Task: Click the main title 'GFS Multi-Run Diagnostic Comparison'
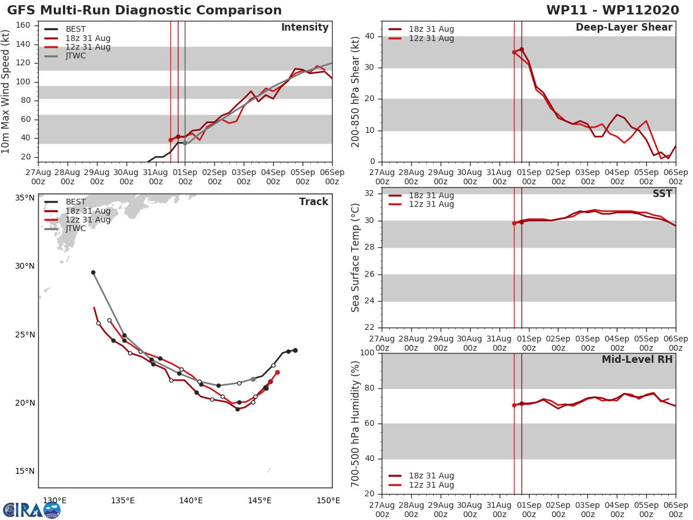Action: tap(144, 10)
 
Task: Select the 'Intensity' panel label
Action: tap(304, 28)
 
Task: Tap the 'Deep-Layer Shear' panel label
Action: tap(624, 28)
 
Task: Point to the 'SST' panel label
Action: tap(662, 194)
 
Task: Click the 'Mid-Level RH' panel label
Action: tap(637, 359)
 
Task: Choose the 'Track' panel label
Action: tap(314, 202)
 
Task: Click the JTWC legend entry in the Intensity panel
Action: tap(76, 56)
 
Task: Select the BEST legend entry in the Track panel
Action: tap(76, 202)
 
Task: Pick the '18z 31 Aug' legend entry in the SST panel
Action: tap(431, 196)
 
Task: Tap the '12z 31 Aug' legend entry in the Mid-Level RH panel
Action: tap(431, 485)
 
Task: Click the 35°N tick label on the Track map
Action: tap(25, 198)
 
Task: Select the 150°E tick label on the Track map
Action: tap(328, 500)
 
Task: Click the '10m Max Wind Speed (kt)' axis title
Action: tap(6, 91)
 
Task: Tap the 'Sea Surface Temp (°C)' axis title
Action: tap(356, 257)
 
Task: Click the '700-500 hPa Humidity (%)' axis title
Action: tap(356, 424)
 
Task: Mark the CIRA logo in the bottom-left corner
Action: tap(31, 510)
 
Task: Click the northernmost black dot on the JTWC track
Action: tap(93, 272)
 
